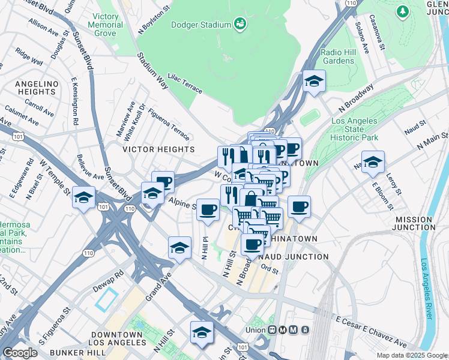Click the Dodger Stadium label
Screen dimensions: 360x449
(200, 25)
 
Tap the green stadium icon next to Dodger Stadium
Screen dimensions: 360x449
(240, 24)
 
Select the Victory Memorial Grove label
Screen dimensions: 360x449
(105, 25)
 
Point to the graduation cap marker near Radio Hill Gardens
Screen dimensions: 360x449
(313, 82)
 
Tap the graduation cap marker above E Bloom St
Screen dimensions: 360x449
(373, 162)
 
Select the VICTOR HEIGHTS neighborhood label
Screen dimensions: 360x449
(160, 149)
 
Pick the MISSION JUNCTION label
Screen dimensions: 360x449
(420, 223)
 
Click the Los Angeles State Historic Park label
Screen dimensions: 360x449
(355, 129)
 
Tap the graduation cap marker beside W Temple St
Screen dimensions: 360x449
(84, 197)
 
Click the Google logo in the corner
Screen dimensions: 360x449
(20, 353)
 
